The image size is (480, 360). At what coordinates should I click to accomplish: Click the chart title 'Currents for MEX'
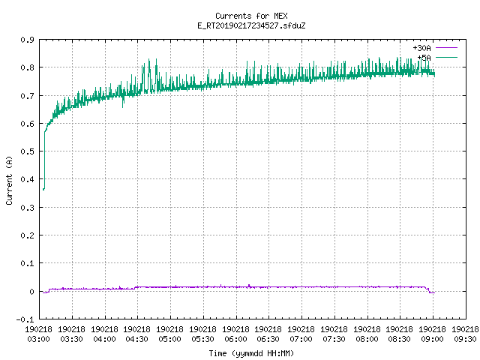(x=251, y=16)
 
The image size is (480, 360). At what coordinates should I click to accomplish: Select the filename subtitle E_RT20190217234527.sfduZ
(x=251, y=25)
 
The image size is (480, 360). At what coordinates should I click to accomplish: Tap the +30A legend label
(x=421, y=48)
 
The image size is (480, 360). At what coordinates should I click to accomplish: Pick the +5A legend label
(x=424, y=58)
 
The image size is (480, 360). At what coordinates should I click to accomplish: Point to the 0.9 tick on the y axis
(x=27, y=40)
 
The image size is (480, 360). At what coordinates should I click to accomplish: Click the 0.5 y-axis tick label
(x=27, y=151)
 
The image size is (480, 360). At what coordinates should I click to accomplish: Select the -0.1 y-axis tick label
(x=25, y=319)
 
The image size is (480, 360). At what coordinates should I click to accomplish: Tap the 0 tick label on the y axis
(x=31, y=292)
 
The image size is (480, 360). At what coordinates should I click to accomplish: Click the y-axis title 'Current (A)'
(x=9, y=180)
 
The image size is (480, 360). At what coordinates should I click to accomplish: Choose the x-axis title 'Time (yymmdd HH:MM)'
(x=251, y=353)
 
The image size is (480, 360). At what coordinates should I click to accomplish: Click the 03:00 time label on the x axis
(x=38, y=339)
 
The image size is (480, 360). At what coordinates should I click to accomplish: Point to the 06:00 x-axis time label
(x=235, y=339)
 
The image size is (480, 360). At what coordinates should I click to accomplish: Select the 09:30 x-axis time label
(x=465, y=339)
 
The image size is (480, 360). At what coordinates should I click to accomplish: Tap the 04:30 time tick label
(x=136, y=339)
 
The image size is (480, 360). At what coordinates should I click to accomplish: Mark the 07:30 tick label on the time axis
(x=334, y=339)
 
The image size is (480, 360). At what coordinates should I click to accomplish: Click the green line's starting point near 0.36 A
(x=43, y=190)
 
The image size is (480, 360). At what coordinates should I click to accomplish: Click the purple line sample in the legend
(x=447, y=48)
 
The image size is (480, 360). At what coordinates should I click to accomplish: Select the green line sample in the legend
(x=447, y=57)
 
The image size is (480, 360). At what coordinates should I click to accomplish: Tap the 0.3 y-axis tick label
(x=27, y=208)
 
